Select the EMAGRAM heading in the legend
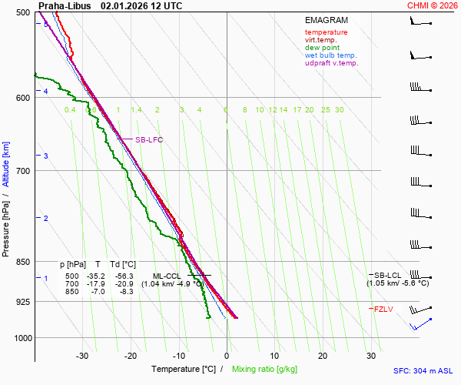tap(327, 20)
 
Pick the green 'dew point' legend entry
tap(323, 48)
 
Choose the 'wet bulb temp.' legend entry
tap(331, 55)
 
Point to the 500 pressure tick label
tap(22, 13)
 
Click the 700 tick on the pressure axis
tap(22, 171)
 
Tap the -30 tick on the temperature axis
tap(82, 356)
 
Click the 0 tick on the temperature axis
tap(227, 356)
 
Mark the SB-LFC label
tap(149, 140)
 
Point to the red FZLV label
tap(384, 310)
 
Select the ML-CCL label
tap(167, 276)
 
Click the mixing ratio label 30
tap(339, 110)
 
